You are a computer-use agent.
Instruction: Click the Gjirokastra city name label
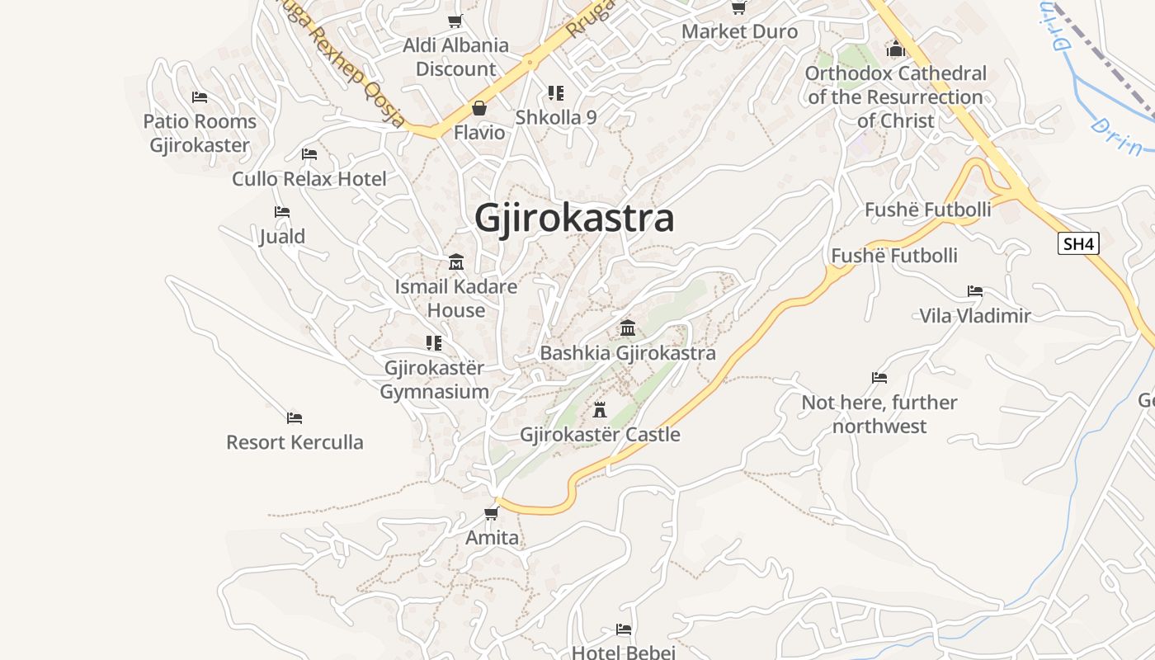574,219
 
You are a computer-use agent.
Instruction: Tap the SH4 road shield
1078,243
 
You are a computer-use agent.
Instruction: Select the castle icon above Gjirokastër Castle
600,409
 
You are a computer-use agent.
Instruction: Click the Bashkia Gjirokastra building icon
628,328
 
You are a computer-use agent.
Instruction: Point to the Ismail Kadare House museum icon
455,262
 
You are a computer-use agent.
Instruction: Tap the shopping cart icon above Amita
492,513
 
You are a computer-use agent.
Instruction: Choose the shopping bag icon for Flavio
478,108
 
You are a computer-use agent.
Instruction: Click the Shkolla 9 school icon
555,93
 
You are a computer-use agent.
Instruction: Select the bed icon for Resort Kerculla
295,417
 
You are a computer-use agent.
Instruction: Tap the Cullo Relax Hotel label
309,179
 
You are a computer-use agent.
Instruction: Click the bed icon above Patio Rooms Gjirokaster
200,97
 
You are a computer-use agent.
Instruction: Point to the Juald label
282,237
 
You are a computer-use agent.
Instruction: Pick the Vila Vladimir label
975,315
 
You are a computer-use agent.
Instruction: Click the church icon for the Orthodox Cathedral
896,49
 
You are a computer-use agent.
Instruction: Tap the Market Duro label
739,32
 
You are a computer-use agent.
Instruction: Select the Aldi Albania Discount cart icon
455,21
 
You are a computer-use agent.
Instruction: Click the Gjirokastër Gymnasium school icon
434,342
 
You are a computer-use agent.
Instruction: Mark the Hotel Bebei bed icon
624,629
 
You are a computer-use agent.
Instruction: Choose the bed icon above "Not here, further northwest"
879,378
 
